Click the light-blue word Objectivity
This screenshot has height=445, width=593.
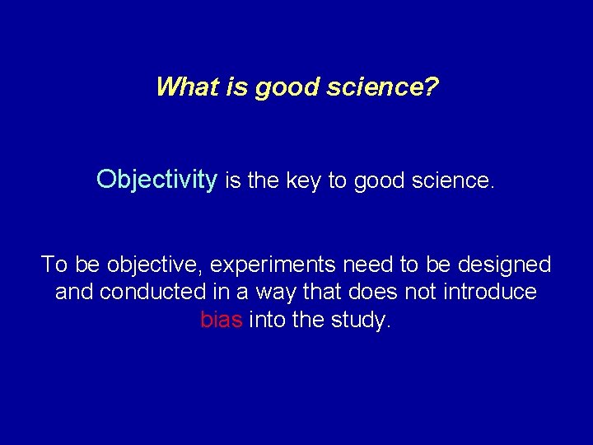[x=156, y=179]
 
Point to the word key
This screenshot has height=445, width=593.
[x=305, y=180]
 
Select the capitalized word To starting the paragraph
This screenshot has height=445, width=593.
[x=54, y=265]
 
